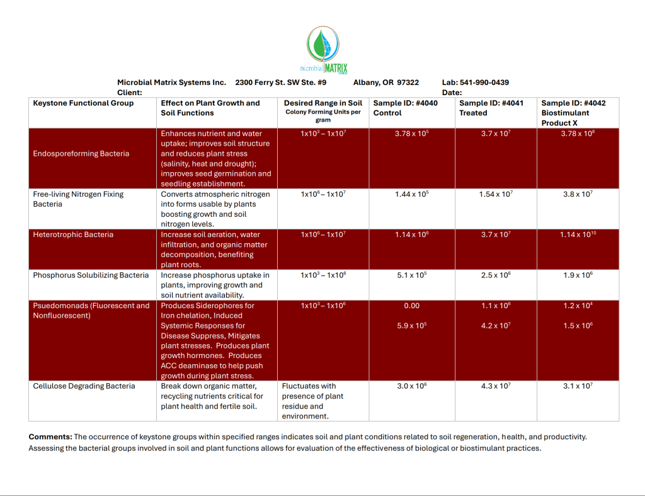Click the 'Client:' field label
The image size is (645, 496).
point(129,93)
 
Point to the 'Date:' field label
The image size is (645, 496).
point(452,93)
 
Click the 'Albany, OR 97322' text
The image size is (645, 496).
point(385,83)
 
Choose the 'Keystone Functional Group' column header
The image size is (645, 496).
point(83,103)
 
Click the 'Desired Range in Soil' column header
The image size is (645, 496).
point(323,103)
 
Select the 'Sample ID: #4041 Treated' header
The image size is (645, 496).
point(491,108)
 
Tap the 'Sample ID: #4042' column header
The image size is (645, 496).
point(573,103)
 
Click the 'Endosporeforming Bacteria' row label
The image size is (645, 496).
point(81,154)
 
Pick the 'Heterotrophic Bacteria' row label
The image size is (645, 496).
point(73,235)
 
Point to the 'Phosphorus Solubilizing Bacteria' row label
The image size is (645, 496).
point(91,275)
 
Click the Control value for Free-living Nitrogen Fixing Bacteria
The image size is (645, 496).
point(412,195)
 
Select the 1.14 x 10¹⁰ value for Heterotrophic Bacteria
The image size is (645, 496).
point(578,235)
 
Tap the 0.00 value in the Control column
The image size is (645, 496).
point(412,306)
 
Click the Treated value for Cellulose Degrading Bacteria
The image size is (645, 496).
point(496,386)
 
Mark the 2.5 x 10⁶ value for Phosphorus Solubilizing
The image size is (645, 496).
point(496,275)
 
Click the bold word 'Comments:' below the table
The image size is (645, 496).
point(50,437)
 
